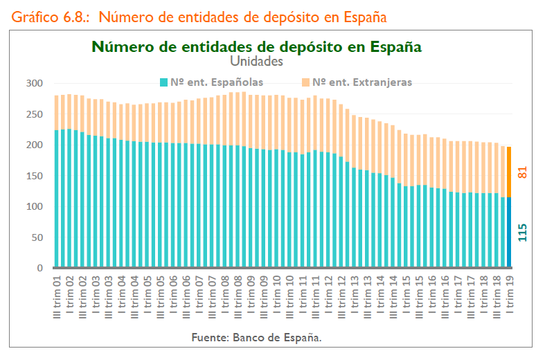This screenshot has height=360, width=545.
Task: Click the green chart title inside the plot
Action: [257, 46]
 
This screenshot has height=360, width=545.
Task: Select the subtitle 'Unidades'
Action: [257, 61]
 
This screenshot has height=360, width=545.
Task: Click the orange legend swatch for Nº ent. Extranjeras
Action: [306, 82]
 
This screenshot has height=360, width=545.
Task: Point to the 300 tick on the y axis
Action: [35, 84]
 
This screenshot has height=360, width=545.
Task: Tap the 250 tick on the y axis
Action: [35, 114]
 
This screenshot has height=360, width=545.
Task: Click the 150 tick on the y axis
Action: [35, 176]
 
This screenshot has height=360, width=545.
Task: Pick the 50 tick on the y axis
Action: [37, 237]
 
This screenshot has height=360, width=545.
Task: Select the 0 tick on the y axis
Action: [39, 269]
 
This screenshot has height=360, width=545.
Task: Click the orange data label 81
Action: [523, 172]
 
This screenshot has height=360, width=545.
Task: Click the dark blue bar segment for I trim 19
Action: [510, 232]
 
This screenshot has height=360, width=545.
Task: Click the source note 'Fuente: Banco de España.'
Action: [257, 338]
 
